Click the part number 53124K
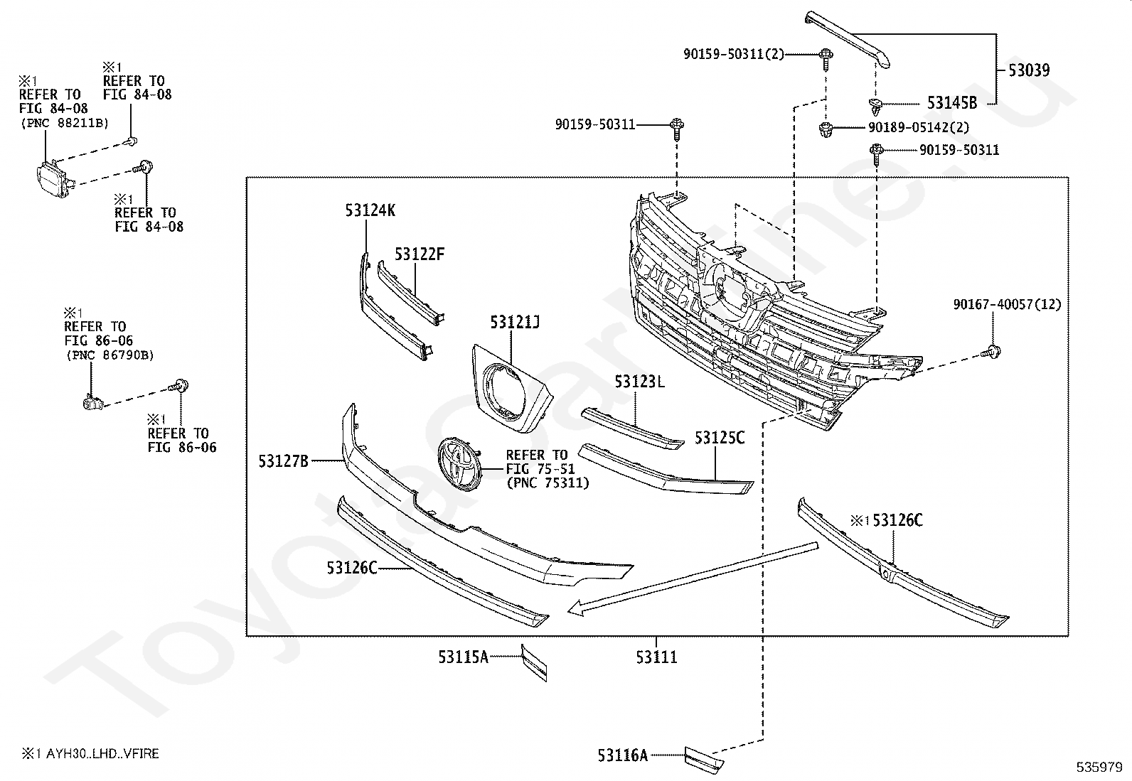(x=370, y=210)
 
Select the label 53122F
(x=420, y=254)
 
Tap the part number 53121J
(x=515, y=322)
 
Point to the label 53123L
(x=639, y=382)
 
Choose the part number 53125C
(x=720, y=438)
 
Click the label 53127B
(x=284, y=461)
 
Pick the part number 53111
(x=656, y=657)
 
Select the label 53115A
(x=464, y=657)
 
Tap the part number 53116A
(x=623, y=755)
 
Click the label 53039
(x=1029, y=70)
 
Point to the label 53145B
(x=952, y=103)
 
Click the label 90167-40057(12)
(x=1007, y=304)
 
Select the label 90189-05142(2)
(x=919, y=126)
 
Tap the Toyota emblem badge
(x=459, y=464)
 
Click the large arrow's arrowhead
(x=577, y=609)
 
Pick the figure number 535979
(x=1099, y=767)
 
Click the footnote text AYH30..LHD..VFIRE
(x=102, y=754)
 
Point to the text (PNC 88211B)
(x=64, y=123)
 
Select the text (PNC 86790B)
(x=110, y=355)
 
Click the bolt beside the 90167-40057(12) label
(x=991, y=352)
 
